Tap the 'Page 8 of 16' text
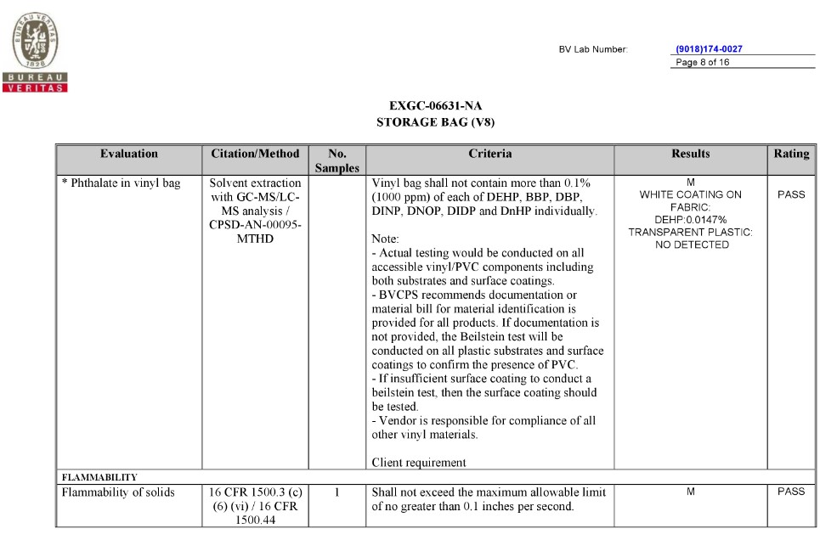pos(702,62)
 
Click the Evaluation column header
pos(129,155)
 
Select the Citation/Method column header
pos(255,155)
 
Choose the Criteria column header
pos(489,155)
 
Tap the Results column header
pos(690,155)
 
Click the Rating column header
pos(791,155)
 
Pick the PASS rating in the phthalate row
pos(791,194)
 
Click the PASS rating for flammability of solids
pos(791,492)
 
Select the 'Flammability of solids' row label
pos(118,492)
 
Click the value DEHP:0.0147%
pos(690,219)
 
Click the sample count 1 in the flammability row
pos(337,492)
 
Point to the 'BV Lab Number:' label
pos(593,49)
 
